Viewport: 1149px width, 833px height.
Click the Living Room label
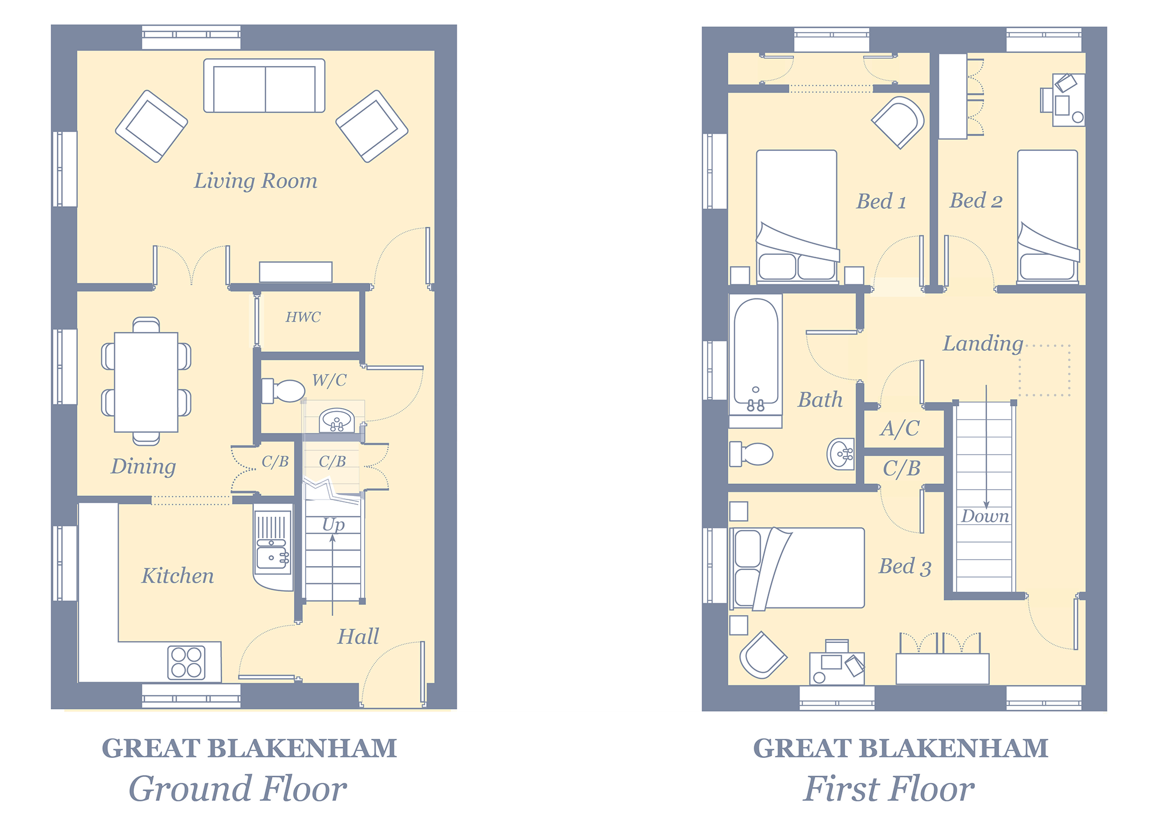pyautogui.click(x=256, y=181)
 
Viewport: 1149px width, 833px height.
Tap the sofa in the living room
pyautogui.click(x=264, y=86)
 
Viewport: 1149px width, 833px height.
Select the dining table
pyautogui.click(x=146, y=382)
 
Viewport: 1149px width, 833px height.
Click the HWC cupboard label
pyautogui.click(x=303, y=317)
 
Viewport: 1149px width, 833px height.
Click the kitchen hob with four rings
pyautogui.click(x=186, y=662)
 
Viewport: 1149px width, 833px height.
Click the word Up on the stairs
pyautogui.click(x=334, y=525)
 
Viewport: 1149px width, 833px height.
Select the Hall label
pyautogui.click(x=358, y=637)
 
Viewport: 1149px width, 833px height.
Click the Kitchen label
pyautogui.click(x=178, y=576)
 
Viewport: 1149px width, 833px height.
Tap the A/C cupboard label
pyautogui.click(x=900, y=428)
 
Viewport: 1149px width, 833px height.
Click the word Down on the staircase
pyautogui.click(x=985, y=516)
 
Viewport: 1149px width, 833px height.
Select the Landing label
pyautogui.click(x=983, y=343)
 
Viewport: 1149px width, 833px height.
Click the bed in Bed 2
pyautogui.click(x=1048, y=216)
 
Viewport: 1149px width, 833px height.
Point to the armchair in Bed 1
pyautogui.click(x=899, y=122)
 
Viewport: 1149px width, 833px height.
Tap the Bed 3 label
pyautogui.click(x=905, y=567)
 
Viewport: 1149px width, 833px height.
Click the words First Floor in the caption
pyautogui.click(x=889, y=789)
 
